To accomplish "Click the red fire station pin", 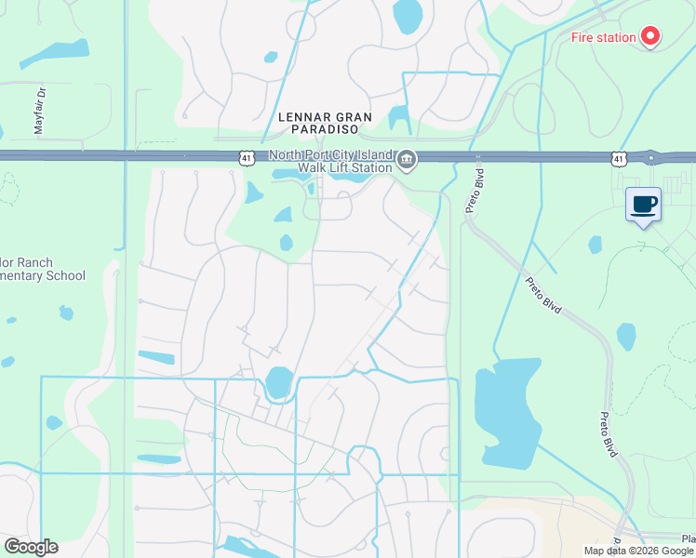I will [649, 37].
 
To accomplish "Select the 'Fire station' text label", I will [603, 38].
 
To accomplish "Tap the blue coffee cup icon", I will [643, 205].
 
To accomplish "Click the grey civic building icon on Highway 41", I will [407, 161].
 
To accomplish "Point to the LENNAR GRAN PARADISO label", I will [326, 125].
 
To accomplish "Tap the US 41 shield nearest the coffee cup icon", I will [619, 159].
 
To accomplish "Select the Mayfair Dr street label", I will [40, 111].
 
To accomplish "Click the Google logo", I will [30, 547].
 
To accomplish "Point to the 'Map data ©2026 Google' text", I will [639, 551].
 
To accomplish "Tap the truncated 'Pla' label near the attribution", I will [688, 538].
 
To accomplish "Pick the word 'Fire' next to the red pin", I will [582, 38].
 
